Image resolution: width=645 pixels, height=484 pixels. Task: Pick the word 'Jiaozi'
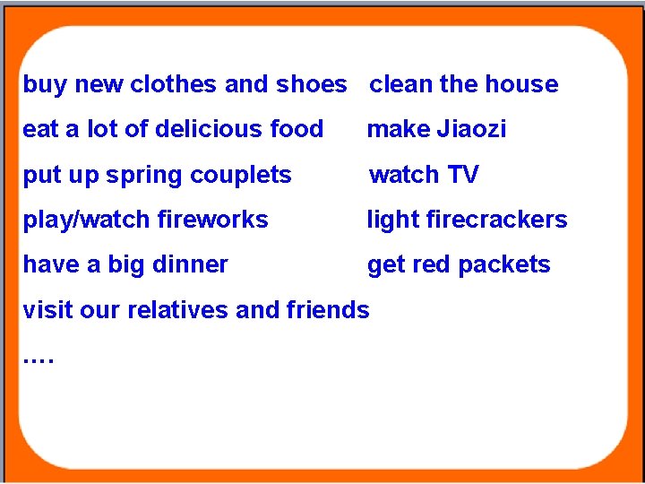[x=472, y=129]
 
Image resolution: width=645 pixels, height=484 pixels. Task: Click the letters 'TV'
[x=463, y=175]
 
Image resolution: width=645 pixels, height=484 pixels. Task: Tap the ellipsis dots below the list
[x=39, y=360]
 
